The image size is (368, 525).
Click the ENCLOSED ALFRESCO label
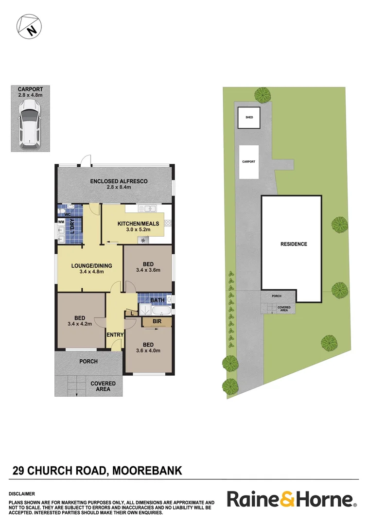coord(119,181)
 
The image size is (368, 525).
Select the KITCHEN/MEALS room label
coord(138,224)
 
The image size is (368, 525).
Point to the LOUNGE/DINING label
coord(91,265)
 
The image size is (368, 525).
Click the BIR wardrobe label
coord(157,321)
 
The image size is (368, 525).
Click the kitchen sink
coord(146,209)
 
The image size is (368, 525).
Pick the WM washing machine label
coord(61,222)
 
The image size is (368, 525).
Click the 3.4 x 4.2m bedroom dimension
coord(80,325)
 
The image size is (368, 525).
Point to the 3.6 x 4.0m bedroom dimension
coord(148,350)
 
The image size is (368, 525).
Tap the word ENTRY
coord(115,335)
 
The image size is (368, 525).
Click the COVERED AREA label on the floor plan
coord(103,386)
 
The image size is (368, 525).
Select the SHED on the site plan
coord(249,118)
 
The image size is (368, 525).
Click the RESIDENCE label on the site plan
coord(294,244)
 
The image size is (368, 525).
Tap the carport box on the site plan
coord(249,161)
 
